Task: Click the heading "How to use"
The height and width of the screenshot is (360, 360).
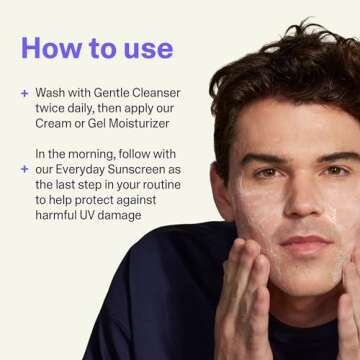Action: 96,48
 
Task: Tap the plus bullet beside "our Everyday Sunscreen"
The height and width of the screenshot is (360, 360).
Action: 23,170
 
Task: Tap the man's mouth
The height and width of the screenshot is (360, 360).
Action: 305,243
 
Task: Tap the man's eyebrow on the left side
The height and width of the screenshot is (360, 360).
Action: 262,158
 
